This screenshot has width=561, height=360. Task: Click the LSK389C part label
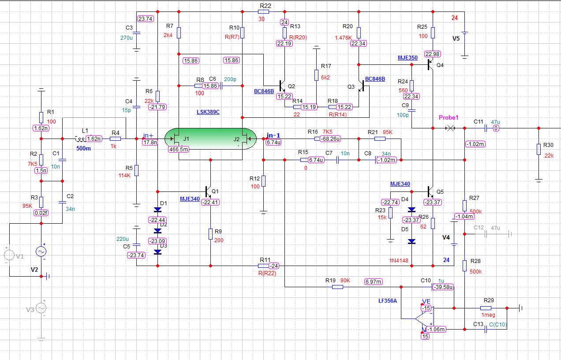coord(208,112)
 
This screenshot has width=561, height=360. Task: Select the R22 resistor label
coord(266,5)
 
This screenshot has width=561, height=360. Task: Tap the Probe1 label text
coord(449,118)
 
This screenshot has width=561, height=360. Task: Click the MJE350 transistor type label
coord(408,58)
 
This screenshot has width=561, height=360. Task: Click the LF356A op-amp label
coord(388,300)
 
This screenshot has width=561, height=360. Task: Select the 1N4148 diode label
coord(399,260)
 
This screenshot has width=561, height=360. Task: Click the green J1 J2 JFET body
coord(210,139)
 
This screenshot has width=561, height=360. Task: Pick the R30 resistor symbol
coord(539,149)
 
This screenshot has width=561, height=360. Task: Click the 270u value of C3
coord(126,37)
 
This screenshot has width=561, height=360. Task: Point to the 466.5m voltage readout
coord(179,150)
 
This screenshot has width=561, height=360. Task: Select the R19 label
coord(331,280)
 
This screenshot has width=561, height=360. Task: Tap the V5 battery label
coord(456,38)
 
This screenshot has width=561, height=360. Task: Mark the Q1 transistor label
coord(215,191)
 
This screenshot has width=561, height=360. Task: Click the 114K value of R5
coord(125,175)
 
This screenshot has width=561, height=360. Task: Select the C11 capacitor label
coord(479,121)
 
